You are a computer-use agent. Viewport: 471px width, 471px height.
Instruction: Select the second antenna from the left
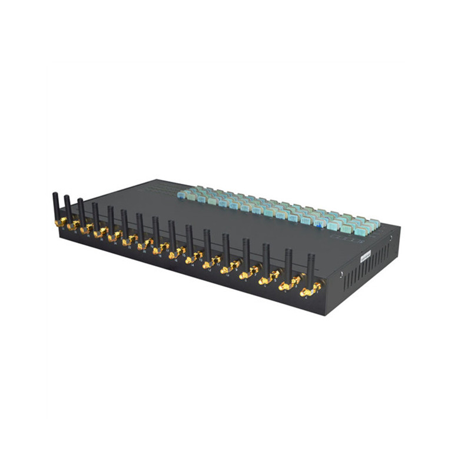(x=68, y=207)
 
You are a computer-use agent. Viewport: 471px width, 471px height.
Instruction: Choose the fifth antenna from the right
(x=226, y=247)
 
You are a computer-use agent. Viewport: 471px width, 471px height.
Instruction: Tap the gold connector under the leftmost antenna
(x=60, y=222)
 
